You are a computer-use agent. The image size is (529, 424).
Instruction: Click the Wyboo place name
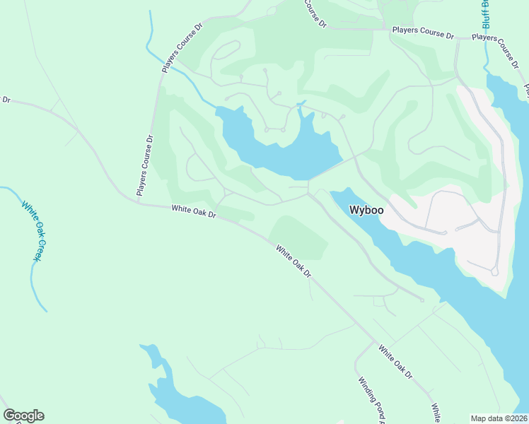coord(366,211)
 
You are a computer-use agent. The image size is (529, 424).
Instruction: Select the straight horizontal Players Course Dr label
coord(423,33)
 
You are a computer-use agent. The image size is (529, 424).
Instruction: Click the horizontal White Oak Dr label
coord(193,211)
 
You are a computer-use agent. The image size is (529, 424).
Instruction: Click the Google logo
coord(23,416)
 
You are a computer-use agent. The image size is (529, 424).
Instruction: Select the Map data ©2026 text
coord(499,418)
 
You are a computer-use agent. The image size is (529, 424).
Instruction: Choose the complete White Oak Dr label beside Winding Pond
coord(395,360)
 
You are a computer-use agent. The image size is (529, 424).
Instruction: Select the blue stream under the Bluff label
coord(487,53)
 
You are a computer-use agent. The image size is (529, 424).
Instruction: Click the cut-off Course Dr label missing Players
coord(315,13)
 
